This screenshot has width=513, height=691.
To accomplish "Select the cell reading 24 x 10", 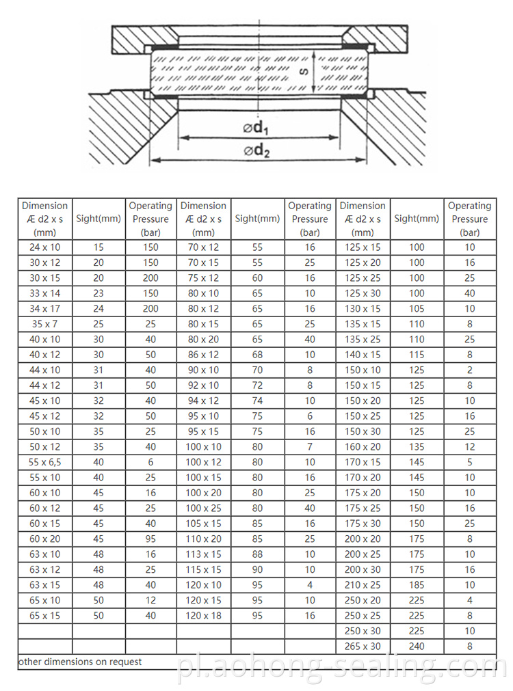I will pyautogui.click(x=45, y=247).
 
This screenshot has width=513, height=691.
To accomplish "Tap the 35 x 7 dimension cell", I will pyautogui.click(x=45, y=324).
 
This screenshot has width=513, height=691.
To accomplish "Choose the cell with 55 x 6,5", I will pyautogui.click(x=45, y=462).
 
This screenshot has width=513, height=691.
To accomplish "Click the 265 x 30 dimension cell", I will pyautogui.click(x=363, y=646).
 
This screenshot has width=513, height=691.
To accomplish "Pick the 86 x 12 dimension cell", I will pyautogui.click(x=204, y=355).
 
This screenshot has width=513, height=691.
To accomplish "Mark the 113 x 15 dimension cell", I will pyautogui.click(x=204, y=554).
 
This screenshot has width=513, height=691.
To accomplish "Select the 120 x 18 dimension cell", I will pyautogui.click(x=204, y=616).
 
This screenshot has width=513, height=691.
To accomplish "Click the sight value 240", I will pyautogui.click(x=417, y=646).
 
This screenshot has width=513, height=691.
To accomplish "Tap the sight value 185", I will pyautogui.click(x=417, y=585).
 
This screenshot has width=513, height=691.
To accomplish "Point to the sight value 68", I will pyautogui.click(x=257, y=355).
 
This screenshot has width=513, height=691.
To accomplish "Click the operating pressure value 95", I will pyautogui.click(x=150, y=539).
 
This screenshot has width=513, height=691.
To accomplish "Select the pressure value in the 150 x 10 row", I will pyautogui.click(x=469, y=370).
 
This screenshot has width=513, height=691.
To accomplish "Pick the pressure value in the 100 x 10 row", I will pyautogui.click(x=310, y=447).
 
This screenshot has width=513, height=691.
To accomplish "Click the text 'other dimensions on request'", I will pyautogui.click(x=80, y=662).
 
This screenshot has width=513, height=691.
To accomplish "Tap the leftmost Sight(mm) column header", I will pyautogui.click(x=98, y=219).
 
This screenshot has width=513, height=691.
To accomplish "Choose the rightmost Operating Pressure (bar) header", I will pyautogui.click(x=469, y=219).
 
